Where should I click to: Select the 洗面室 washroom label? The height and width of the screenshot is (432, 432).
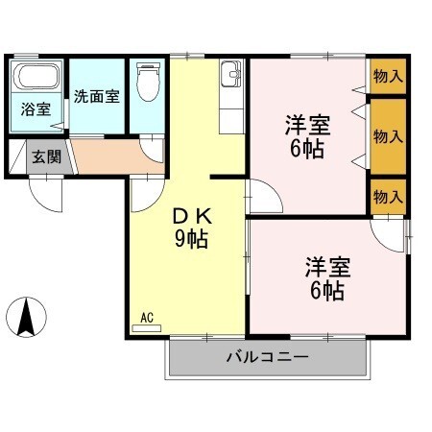96,96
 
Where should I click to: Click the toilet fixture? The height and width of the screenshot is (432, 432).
147,83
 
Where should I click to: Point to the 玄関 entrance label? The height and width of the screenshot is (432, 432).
44,156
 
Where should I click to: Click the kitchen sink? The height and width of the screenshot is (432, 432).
231,75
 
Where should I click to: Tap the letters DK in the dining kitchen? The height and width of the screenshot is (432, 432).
191,216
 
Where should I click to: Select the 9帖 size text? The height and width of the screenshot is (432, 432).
191,239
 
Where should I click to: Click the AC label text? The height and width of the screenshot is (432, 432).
147,316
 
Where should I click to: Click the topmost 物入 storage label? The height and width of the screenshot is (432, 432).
388,75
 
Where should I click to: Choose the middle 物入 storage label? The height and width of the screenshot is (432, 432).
388,136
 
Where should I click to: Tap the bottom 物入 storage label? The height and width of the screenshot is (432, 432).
388,197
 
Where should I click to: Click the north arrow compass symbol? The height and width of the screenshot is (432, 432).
28,317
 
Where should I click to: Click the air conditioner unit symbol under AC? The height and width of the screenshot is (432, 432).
147,327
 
